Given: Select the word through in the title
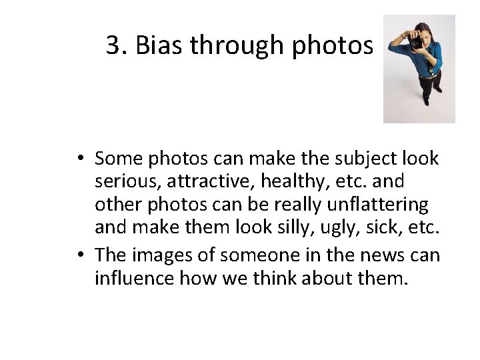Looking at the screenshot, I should click(229, 45).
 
